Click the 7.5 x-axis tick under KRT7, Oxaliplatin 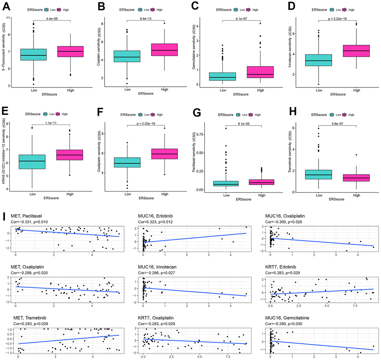point(229,357)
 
